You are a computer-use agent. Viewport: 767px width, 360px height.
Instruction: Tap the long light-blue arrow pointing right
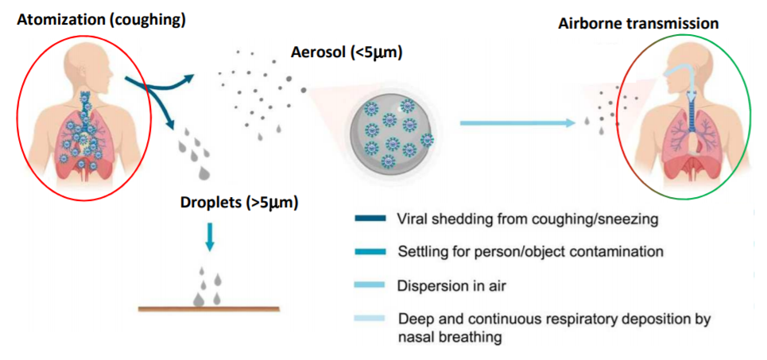(517, 122)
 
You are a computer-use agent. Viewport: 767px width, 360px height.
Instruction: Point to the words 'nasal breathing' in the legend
(445, 336)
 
